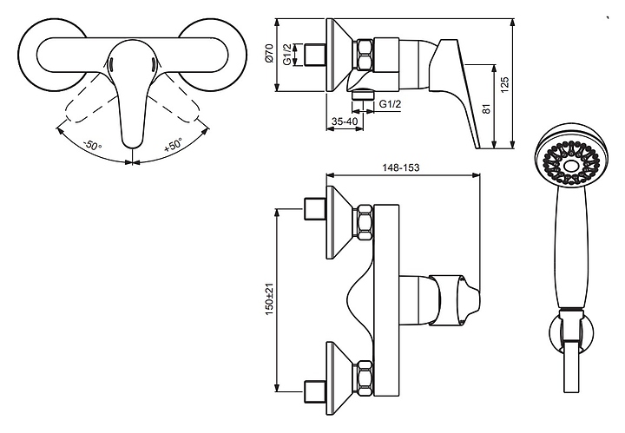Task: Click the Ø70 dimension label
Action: pyautogui.click(x=270, y=53)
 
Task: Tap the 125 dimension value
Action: pyautogui.click(x=505, y=85)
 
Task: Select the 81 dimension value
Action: pyautogui.click(x=486, y=108)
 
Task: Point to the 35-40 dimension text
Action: pyautogui.click(x=345, y=121)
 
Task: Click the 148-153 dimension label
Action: pyautogui.click(x=400, y=167)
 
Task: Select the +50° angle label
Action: pyautogui.click(x=173, y=145)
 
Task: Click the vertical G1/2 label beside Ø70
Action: pyautogui.click(x=286, y=55)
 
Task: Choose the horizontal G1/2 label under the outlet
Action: pyautogui.click(x=390, y=104)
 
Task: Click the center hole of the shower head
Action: pyautogui.click(x=571, y=165)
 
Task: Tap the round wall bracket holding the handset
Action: pyautogui.click(x=571, y=332)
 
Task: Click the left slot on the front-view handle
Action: pyautogui.click(x=111, y=63)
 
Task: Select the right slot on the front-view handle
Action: pyautogui.click(x=152, y=63)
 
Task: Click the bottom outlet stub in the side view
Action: pyautogui.click(x=363, y=95)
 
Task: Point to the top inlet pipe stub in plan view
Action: pyautogui.click(x=315, y=209)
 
